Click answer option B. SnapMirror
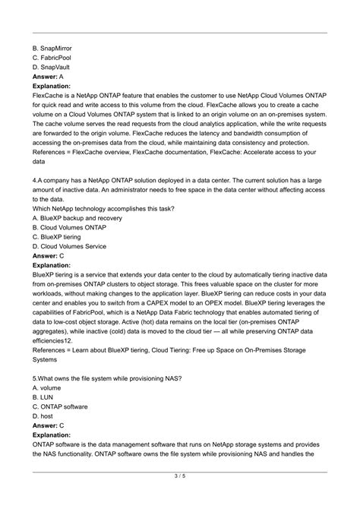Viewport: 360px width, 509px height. (x=58, y=47)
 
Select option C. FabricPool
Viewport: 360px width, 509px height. (x=55, y=57)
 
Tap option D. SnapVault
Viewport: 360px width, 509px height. (x=55, y=67)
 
